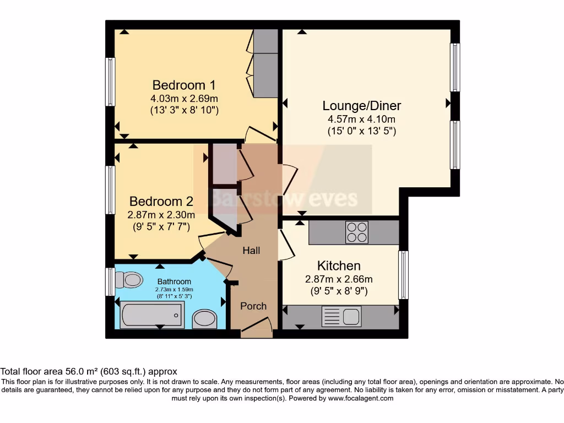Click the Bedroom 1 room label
[x=183, y=85]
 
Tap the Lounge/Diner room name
[x=361, y=106]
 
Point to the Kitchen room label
[x=339, y=265]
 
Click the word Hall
[x=251, y=251]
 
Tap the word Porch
[x=253, y=306]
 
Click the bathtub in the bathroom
[x=152, y=315]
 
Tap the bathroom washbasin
[x=205, y=318]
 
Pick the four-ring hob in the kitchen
[x=356, y=232]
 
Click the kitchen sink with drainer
[x=341, y=317]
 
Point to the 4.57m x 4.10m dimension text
[x=361, y=120]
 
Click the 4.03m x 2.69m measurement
[x=184, y=99]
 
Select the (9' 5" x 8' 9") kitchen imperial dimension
[x=339, y=290]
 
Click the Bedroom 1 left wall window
[x=111, y=82]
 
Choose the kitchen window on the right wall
[x=404, y=275]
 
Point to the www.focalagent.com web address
[x=360, y=398]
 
